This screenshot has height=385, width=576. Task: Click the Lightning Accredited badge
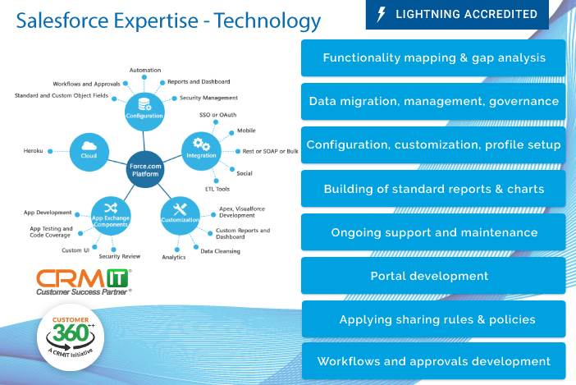[457, 14]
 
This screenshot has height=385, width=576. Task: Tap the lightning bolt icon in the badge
[381, 14]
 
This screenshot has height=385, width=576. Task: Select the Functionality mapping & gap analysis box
[433, 58]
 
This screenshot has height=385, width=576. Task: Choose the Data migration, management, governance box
[433, 102]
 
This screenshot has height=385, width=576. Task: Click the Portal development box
[433, 276]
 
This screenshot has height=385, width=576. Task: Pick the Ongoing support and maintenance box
[433, 232]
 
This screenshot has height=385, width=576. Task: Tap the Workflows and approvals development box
[433, 361]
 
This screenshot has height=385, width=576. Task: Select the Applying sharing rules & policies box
[433, 319]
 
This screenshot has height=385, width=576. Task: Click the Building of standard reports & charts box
[433, 189]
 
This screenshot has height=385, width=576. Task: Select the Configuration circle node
[144, 109]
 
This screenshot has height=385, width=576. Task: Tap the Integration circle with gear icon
[201, 149]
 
